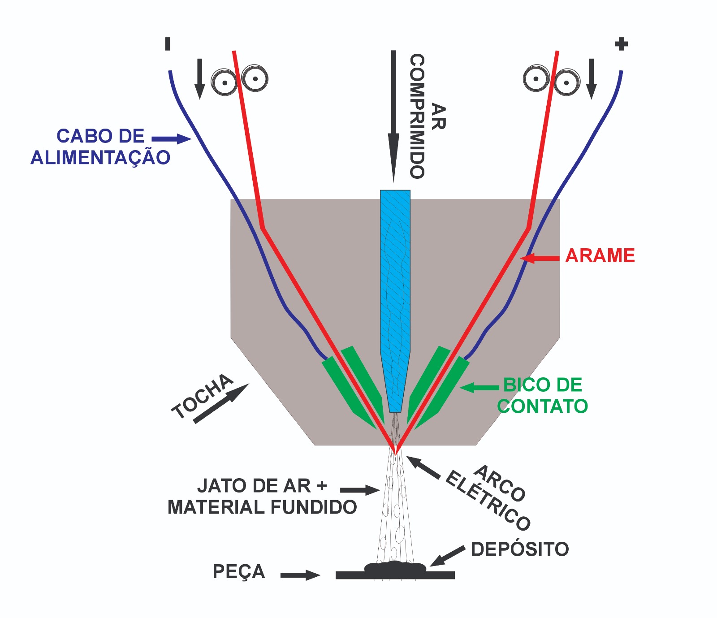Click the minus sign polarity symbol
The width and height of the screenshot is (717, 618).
coord(168,44)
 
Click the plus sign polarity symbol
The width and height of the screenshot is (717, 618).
coord(621,44)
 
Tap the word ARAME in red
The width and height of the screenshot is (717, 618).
coord(600,256)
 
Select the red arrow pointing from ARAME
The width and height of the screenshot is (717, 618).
coord(540,258)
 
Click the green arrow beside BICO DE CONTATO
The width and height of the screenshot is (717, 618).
coord(479,388)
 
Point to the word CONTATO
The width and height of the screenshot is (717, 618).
coord(542,406)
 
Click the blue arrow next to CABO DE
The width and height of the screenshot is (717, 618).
coord(171,139)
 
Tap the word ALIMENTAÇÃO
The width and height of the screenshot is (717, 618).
coord(100,158)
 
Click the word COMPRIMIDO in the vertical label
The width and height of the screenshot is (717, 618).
coord(417,117)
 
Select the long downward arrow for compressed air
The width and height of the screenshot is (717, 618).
coord(393,117)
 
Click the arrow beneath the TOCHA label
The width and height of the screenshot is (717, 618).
coord(221,403)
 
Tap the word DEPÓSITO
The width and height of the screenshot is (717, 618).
coord(520,549)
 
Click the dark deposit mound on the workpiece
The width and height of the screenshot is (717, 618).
coord(395,567)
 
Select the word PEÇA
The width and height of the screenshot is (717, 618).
coord(238,572)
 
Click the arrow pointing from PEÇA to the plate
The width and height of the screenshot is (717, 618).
coord(300,575)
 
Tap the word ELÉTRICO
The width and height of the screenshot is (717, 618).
coord(488,501)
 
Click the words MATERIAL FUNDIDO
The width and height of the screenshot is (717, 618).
coord(262,507)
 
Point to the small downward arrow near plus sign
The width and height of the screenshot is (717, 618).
coord(592,79)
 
